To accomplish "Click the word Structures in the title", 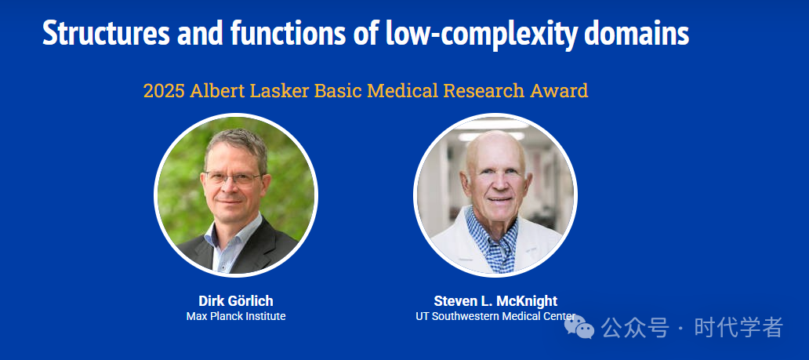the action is coord(106,33).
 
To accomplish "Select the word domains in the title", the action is coord(637,33).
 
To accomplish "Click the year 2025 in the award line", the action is coord(164,91).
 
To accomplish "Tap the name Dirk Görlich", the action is coord(236,301).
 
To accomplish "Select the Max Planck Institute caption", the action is coord(236,316).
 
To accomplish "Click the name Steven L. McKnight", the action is coord(495,301).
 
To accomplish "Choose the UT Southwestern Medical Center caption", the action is coord(495,316).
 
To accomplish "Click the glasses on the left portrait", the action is coord(233,178).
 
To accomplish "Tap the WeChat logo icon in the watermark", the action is coord(579,327).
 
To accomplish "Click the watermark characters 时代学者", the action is coord(738,328).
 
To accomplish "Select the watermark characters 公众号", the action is coord(635,328).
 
